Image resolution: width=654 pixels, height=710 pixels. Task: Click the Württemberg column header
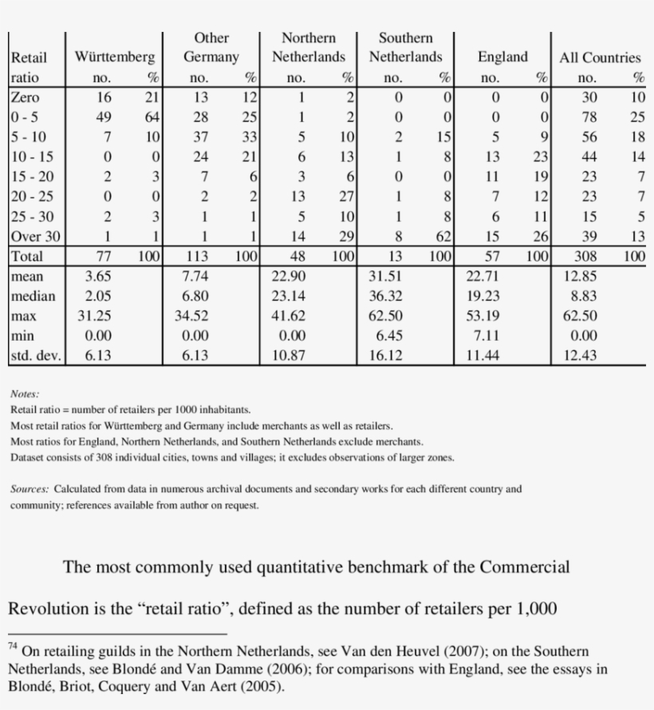tap(115, 57)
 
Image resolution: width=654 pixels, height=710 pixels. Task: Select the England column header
tap(502, 57)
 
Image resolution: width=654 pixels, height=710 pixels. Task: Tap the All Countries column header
tap(600, 57)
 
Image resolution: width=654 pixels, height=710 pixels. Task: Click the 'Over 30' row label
tap(35, 236)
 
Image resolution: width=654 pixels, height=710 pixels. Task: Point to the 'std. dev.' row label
tap(35, 356)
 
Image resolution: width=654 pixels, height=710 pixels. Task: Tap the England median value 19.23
tap(483, 296)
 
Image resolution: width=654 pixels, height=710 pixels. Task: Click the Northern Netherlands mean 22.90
tap(289, 276)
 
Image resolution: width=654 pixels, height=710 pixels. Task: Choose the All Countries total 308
tap(586, 257)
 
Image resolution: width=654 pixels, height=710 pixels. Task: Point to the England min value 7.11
tap(483, 336)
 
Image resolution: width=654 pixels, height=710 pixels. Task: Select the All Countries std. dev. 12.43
tap(580, 356)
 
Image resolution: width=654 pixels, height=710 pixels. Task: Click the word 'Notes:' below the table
tap(25, 394)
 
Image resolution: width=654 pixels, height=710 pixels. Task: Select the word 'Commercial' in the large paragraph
tap(524, 567)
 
